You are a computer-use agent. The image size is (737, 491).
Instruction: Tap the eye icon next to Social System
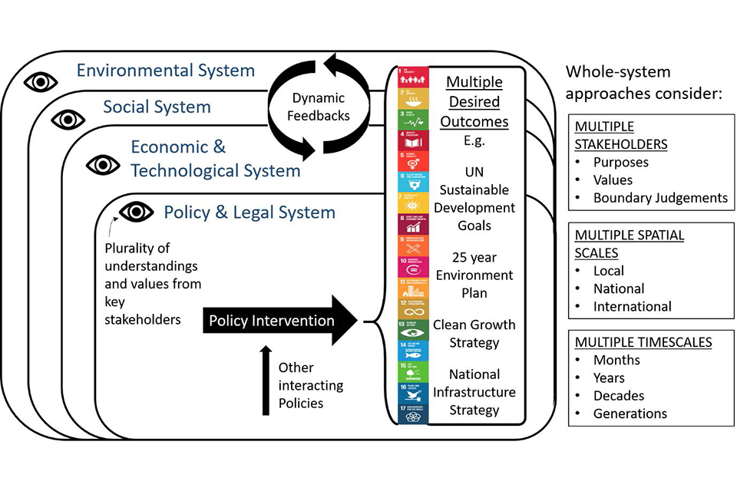coord(68,119)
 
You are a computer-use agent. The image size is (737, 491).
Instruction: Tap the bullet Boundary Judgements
coord(659,198)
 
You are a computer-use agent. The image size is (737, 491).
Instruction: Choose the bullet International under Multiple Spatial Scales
coord(632,306)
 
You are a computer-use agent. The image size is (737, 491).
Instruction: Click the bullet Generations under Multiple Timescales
coord(630,414)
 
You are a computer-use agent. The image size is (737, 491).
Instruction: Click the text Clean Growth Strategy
coord(474,334)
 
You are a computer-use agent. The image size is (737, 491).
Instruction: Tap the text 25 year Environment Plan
coord(474,275)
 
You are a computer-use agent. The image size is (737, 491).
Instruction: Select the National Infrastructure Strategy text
coord(474,392)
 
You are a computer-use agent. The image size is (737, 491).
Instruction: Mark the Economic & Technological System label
coord(215,159)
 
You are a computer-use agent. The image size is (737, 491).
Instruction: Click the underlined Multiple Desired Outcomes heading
coord(474,101)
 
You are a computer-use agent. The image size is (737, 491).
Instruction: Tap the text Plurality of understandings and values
coord(153,283)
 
